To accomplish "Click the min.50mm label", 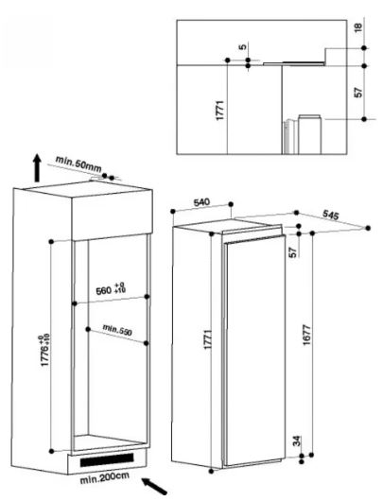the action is click(x=78, y=164).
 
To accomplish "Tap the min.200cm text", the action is click(x=105, y=477).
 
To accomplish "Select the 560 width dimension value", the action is click(x=104, y=290).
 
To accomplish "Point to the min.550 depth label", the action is click(x=117, y=330).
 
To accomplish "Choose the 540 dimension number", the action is click(x=201, y=202).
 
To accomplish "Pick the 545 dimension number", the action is click(x=330, y=215).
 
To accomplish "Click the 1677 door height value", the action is click(x=306, y=335).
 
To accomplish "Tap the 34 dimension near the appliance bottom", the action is click(x=297, y=441).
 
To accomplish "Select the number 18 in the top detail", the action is click(x=358, y=27).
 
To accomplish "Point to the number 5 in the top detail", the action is click(x=243, y=46).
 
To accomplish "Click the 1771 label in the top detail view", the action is click(x=220, y=111).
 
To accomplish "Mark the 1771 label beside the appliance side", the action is click(x=208, y=339).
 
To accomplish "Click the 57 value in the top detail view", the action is click(x=359, y=93).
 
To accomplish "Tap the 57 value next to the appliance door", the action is click(x=293, y=251).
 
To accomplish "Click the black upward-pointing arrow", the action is click(x=38, y=167).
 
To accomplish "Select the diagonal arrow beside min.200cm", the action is click(x=154, y=486).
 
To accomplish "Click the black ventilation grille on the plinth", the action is click(x=107, y=459).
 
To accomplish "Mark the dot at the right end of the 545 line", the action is click(x=368, y=228).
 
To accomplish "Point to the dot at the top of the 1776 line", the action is click(x=51, y=242).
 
